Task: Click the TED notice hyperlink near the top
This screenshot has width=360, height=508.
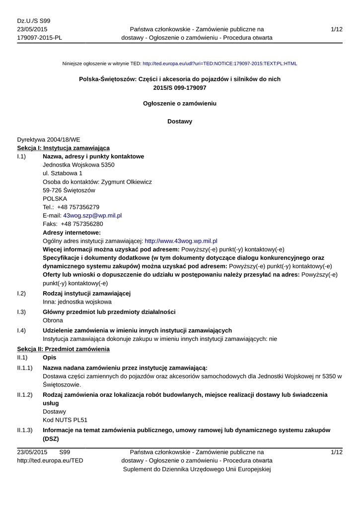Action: (x=219, y=63)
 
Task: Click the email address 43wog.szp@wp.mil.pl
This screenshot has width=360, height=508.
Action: (x=92, y=216)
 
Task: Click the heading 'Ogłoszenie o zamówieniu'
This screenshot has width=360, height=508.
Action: (x=180, y=104)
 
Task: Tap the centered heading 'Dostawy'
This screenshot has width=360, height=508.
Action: (x=180, y=121)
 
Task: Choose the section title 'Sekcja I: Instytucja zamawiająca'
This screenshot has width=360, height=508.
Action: (x=64, y=148)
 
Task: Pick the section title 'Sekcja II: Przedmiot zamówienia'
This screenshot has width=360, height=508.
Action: (x=63, y=349)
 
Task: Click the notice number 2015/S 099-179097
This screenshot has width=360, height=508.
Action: (x=180, y=87)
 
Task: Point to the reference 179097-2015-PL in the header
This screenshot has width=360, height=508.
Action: (x=40, y=38)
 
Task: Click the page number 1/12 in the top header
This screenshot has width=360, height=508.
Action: (x=336, y=30)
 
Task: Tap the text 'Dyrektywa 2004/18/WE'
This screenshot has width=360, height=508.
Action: (x=49, y=140)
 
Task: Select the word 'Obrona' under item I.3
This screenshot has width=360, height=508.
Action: (x=53, y=320)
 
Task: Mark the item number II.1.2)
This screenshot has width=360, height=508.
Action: (x=25, y=395)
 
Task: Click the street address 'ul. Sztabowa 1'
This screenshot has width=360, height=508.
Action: (x=63, y=173)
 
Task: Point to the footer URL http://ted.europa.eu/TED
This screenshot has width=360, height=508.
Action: (x=50, y=461)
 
